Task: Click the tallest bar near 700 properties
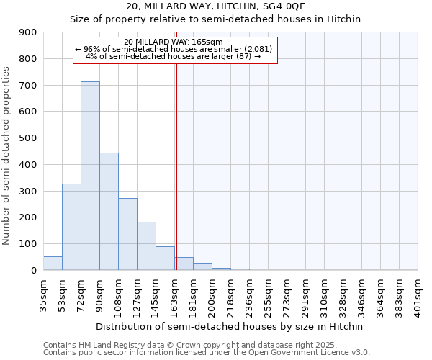pyautogui.click(x=90, y=176)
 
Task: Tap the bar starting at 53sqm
pyautogui.click(x=71, y=227)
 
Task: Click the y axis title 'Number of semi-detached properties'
pyautogui.click(x=6, y=156)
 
